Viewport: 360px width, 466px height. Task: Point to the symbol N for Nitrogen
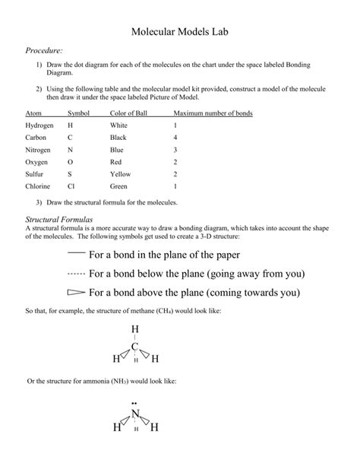[70, 150]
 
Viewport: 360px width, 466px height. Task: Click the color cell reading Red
[115, 162]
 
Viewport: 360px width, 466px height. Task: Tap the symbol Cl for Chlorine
[71, 186]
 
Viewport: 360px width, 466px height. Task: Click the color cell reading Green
[118, 186]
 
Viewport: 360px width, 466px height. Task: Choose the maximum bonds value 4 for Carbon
[175, 138]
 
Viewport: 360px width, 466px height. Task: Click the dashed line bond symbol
[76, 273]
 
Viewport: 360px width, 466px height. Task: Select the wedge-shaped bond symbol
[76, 292]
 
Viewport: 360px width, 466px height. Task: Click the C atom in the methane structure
[135, 347]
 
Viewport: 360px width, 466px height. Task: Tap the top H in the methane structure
[135, 328]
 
